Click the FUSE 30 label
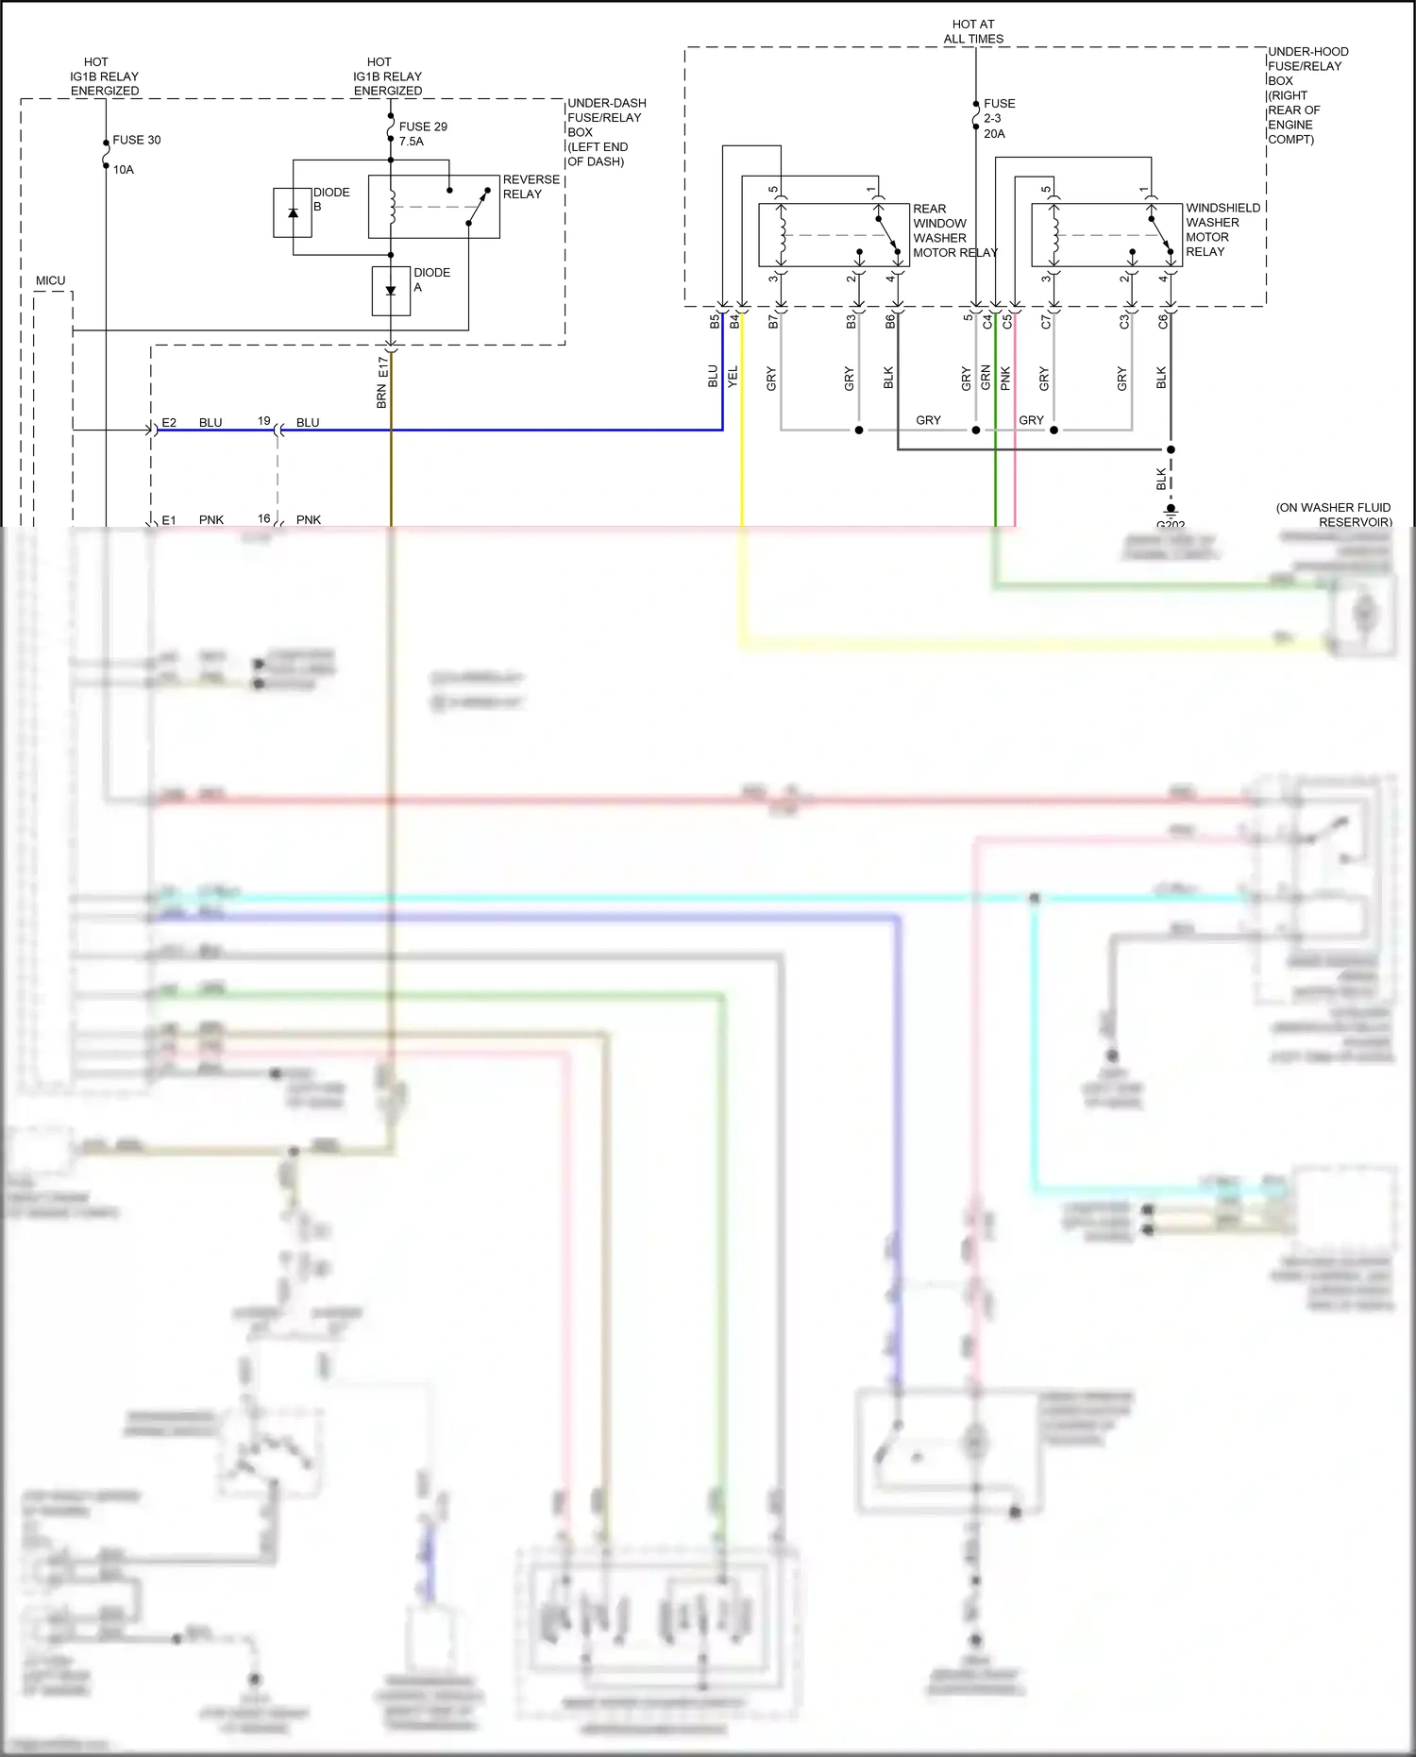point(136,140)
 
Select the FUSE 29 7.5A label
point(422,133)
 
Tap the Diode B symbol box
point(293,212)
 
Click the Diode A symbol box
point(391,290)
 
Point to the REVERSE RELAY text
point(531,186)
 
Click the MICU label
point(51,280)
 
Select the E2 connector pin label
point(169,422)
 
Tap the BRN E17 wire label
point(382,381)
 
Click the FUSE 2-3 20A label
point(999,118)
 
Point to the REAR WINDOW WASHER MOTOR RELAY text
point(953,230)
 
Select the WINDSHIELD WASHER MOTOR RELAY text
point(1222,229)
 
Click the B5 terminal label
point(715,322)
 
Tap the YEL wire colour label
point(733,377)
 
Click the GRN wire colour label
point(986,377)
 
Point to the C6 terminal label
point(1163,321)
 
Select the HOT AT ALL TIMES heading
point(973,31)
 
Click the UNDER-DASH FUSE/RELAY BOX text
point(606,131)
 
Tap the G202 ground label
point(1171,524)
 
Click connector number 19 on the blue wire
point(264,420)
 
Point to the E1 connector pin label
point(169,519)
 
